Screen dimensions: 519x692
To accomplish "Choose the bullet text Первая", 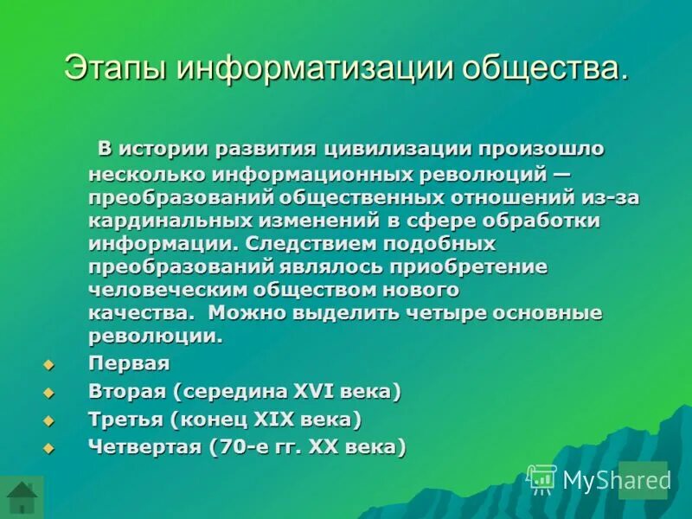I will coord(129,363).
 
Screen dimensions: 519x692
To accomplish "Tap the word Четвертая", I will coord(142,447).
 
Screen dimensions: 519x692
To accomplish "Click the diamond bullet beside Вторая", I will coord(48,393).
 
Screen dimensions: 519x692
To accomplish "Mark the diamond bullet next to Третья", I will coord(48,420).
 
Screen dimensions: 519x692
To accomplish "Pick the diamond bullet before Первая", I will coord(48,364).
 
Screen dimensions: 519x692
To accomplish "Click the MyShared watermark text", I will coord(617,480).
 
